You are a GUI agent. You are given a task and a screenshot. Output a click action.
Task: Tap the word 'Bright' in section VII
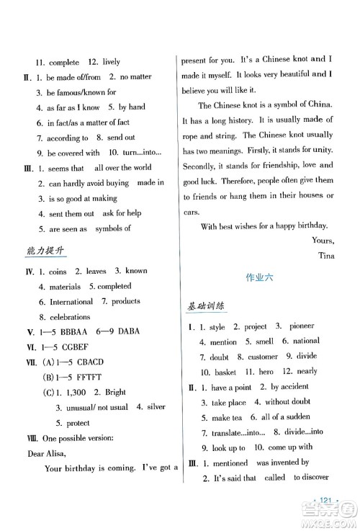click(x=115, y=392)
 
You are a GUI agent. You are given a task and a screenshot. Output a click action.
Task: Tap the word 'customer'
click(x=263, y=357)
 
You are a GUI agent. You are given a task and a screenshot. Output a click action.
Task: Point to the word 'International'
click(x=72, y=301)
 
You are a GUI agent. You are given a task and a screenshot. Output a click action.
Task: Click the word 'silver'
click(x=156, y=407)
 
